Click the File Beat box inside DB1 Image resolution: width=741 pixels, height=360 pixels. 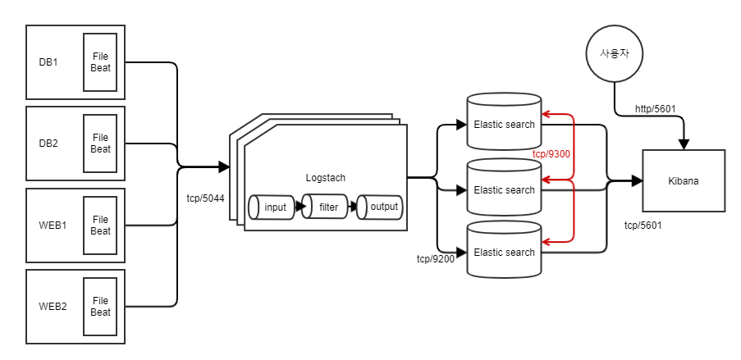(100, 62)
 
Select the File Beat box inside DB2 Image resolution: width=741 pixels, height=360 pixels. (100, 144)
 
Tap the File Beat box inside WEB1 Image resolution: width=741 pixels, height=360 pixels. (100, 226)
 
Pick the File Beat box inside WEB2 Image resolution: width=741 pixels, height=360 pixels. (100, 307)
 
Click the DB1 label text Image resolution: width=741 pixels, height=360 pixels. (48, 62)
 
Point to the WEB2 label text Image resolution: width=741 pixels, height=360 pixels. (52, 307)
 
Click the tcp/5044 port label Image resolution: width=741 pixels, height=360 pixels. (206, 198)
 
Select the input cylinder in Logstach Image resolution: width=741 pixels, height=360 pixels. (275, 207)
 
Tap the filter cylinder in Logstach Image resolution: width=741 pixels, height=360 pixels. (328, 207)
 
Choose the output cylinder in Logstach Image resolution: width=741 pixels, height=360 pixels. (383, 207)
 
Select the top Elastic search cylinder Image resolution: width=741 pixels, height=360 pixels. (504, 125)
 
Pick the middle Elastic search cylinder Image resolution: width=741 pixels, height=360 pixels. (504, 189)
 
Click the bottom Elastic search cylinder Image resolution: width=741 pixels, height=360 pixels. (504, 252)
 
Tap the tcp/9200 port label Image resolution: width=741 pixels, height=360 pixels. (436, 259)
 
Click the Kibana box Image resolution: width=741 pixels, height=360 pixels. (684, 181)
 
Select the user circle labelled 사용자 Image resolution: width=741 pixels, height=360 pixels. (614, 54)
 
